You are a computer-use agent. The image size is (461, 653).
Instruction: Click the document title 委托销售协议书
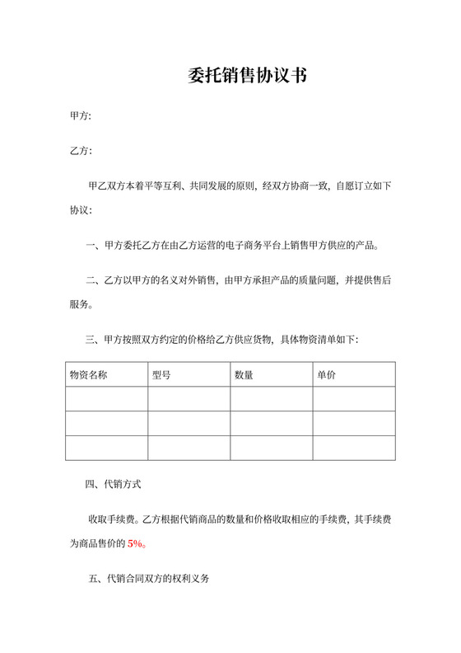(x=247, y=76)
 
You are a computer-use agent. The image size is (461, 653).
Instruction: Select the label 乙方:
(x=81, y=151)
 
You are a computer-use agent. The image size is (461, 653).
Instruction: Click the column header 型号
(x=161, y=374)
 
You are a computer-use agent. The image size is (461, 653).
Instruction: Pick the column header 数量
(x=244, y=374)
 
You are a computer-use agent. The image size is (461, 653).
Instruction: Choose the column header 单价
(x=326, y=374)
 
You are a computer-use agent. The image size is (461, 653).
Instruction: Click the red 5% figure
(x=136, y=543)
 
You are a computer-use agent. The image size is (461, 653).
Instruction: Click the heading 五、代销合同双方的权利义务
(x=148, y=580)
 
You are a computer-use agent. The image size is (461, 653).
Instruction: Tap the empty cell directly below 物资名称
(x=107, y=399)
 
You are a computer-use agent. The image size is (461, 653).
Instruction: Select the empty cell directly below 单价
(x=354, y=399)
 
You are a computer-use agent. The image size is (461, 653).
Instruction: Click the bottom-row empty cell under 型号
(x=189, y=448)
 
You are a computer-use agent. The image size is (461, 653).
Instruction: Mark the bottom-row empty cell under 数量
(x=272, y=448)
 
